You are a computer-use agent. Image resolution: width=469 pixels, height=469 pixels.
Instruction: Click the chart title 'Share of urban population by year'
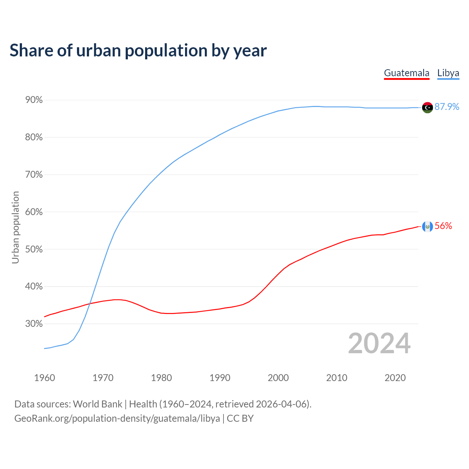click(138, 51)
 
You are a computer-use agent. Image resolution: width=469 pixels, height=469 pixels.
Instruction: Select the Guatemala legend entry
click(406, 73)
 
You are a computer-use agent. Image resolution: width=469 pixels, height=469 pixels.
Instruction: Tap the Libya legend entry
click(448, 73)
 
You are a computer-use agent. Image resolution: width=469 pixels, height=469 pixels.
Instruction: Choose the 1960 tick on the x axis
click(45, 378)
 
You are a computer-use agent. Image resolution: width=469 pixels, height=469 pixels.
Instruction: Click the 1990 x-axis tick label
click(220, 378)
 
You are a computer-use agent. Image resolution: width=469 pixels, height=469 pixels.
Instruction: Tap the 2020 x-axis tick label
click(395, 378)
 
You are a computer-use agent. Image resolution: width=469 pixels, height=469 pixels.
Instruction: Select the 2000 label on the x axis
click(278, 378)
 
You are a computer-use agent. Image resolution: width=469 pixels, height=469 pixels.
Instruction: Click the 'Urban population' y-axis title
click(15, 228)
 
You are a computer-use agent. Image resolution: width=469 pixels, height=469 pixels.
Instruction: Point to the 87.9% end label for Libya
click(447, 107)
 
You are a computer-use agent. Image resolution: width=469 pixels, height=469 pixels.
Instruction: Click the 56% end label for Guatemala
click(443, 226)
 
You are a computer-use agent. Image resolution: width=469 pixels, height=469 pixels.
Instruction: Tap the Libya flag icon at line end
click(427, 107)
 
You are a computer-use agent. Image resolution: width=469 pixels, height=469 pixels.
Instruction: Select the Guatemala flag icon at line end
click(427, 226)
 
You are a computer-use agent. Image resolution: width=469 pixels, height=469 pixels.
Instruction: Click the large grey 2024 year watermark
click(379, 343)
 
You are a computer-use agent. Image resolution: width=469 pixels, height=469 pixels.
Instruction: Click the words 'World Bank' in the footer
click(97, 404)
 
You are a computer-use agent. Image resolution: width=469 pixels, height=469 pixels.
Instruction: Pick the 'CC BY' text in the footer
click(240, 418)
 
